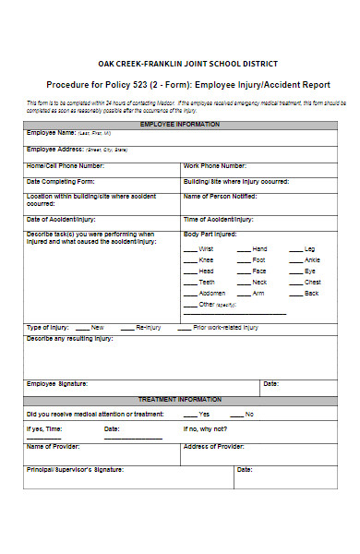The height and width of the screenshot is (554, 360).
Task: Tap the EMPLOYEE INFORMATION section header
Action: click(180, 123)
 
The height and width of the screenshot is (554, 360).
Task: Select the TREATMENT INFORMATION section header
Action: click(180, 399)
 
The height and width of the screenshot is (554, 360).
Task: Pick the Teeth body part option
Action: click(208, 282)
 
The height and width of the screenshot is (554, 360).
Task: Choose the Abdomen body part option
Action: click(213, 293)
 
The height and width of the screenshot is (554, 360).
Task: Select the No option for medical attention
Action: click(249, 414)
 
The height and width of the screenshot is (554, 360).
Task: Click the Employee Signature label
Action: click(57, 383)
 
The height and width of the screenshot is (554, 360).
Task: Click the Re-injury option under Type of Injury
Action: click(149, 327)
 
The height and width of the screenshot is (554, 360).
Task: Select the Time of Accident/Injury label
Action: click(219, 219)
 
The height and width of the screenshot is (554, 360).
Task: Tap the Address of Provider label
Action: click(214, 446)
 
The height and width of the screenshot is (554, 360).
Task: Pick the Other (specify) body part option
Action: click(217, 304)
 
